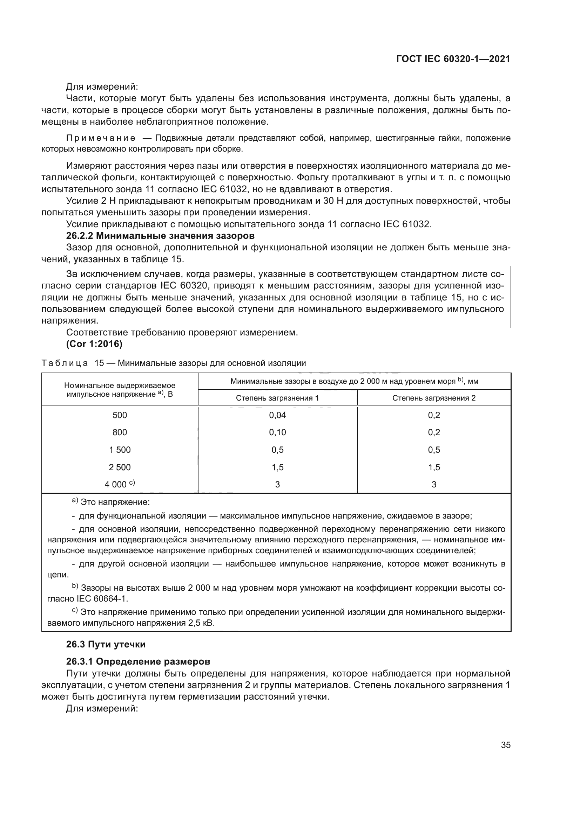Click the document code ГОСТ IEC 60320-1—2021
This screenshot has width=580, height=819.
point(453,59)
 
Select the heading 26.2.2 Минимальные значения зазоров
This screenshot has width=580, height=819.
point(160,236)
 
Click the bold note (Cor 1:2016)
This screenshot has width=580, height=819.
point(94,344)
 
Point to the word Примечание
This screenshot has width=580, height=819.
point(101,138)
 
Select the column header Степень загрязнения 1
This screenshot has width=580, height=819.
point(277,398)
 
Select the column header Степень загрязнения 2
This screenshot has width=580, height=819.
point(433,398)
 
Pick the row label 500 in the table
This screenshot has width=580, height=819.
point(120,415)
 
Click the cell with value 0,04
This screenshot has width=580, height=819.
point(277,415)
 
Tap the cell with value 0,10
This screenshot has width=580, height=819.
point(277,432)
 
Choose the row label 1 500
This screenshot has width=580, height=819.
point(120,450)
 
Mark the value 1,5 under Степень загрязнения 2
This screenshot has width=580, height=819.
point(434,467)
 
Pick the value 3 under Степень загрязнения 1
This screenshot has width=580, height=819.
point(277,484)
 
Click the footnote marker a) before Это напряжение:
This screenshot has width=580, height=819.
point(75,501)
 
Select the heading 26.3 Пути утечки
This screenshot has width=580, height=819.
point(106,644)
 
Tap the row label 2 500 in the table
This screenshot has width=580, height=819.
point(120,467)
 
